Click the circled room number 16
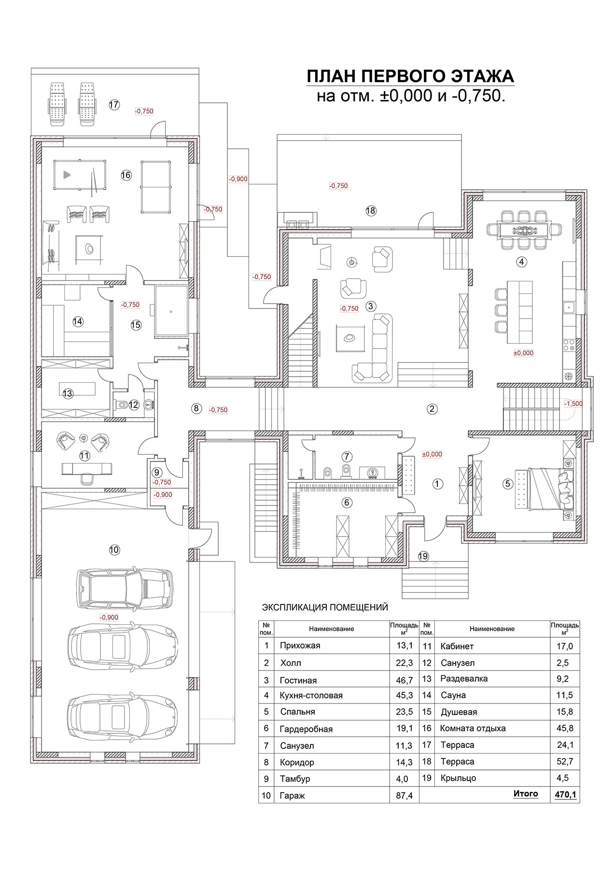point(126,175)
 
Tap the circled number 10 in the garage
point(114,549)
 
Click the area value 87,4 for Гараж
point(404,796)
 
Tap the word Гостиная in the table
point(298,681)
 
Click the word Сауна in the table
point(453,695)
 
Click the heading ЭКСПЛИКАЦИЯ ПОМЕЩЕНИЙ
point(324,607)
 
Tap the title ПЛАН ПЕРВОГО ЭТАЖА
point(411,77)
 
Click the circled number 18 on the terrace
point(371,210)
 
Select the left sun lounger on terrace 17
point(56,104)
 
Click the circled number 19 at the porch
point(423,556)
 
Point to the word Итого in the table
point(526,794)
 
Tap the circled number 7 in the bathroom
point(346,456)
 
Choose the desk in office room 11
point(87,467)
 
